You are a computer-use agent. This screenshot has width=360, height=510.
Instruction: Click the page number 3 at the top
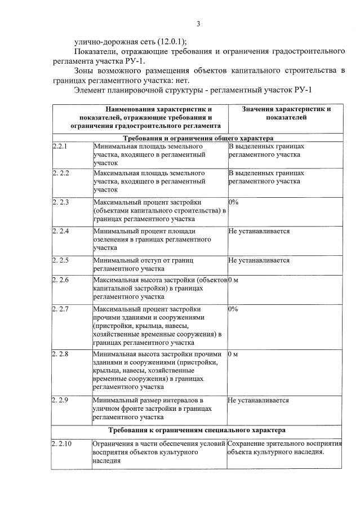click(x=198, y=24)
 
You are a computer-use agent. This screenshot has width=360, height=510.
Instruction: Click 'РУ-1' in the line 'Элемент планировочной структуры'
click(x=300, y=90)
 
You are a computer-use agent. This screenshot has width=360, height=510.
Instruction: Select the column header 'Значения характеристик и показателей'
click(x=286, y=113)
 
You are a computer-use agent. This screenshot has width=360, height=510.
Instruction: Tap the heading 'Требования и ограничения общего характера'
click(x=198, y=138)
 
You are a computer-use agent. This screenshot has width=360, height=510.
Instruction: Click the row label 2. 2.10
click(x=62, y=444)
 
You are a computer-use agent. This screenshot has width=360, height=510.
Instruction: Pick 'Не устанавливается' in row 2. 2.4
click(x=259, y=231)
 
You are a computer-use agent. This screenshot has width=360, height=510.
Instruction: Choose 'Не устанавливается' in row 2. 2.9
click(x=259, y=400)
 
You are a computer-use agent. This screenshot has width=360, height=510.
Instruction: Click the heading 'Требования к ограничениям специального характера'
click(x=198, y=430)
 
